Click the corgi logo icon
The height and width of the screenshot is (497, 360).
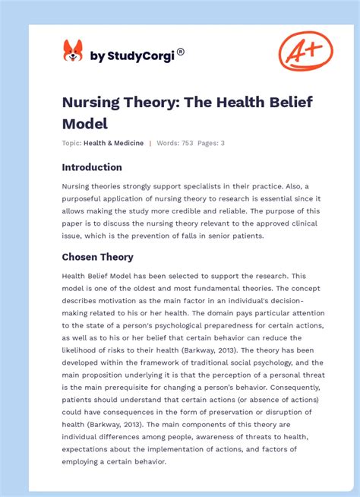[x=73, y=51]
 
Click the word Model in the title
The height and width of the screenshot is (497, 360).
[x=85, y=122]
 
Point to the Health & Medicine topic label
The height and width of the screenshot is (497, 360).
[x=113, y=143]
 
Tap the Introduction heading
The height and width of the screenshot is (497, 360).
[x=92, y=167]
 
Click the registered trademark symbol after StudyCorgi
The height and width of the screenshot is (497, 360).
[x=180, y=52]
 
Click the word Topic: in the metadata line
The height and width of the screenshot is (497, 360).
[x=72, y=143]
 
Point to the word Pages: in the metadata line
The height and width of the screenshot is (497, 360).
[x=210, y=143]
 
